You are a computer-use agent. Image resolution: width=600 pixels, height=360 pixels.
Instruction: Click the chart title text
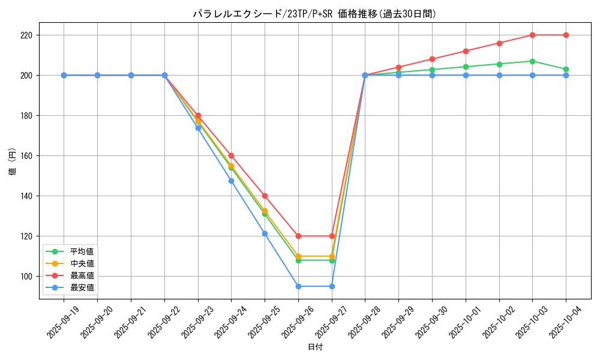[x=314, y=14]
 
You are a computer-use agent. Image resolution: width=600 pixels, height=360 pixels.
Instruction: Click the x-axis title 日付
[x=315, y=347]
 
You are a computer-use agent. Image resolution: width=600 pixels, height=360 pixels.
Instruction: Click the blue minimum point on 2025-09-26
[x=298, y=286]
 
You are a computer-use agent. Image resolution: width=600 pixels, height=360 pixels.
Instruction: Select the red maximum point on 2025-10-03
[x=532, y=35]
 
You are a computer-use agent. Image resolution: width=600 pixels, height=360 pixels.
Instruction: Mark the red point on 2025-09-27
[x=332, y=236]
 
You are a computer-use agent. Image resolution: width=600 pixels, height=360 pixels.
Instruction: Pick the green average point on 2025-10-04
[x=566, y=69]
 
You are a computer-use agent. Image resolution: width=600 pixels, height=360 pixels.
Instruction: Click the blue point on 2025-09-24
[x=231, y=181]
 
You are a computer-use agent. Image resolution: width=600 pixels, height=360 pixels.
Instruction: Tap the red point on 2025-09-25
[x=265, y=196]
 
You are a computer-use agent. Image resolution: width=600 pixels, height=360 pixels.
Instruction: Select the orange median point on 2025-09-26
[x=298, y=256]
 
